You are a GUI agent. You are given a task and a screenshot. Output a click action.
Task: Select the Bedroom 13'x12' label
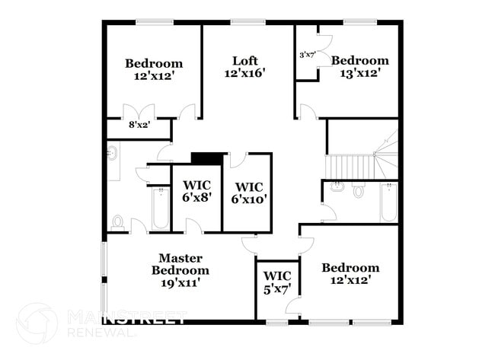359,67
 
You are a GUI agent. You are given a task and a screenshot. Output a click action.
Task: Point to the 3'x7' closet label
307,55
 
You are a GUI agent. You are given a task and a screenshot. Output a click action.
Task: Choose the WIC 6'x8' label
196,190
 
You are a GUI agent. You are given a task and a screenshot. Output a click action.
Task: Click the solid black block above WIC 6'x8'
205,158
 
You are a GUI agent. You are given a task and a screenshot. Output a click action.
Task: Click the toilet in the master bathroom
118,222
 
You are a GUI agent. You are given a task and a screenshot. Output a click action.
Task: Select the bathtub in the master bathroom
160,209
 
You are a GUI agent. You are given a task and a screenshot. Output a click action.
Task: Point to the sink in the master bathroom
113,155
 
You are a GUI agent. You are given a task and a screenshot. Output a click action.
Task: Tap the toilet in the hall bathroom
359,191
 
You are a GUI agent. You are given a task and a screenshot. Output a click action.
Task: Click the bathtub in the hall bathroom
388,202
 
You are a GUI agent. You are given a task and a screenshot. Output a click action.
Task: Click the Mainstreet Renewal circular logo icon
36,323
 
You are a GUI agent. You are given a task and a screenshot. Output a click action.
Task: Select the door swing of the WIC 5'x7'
292,306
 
